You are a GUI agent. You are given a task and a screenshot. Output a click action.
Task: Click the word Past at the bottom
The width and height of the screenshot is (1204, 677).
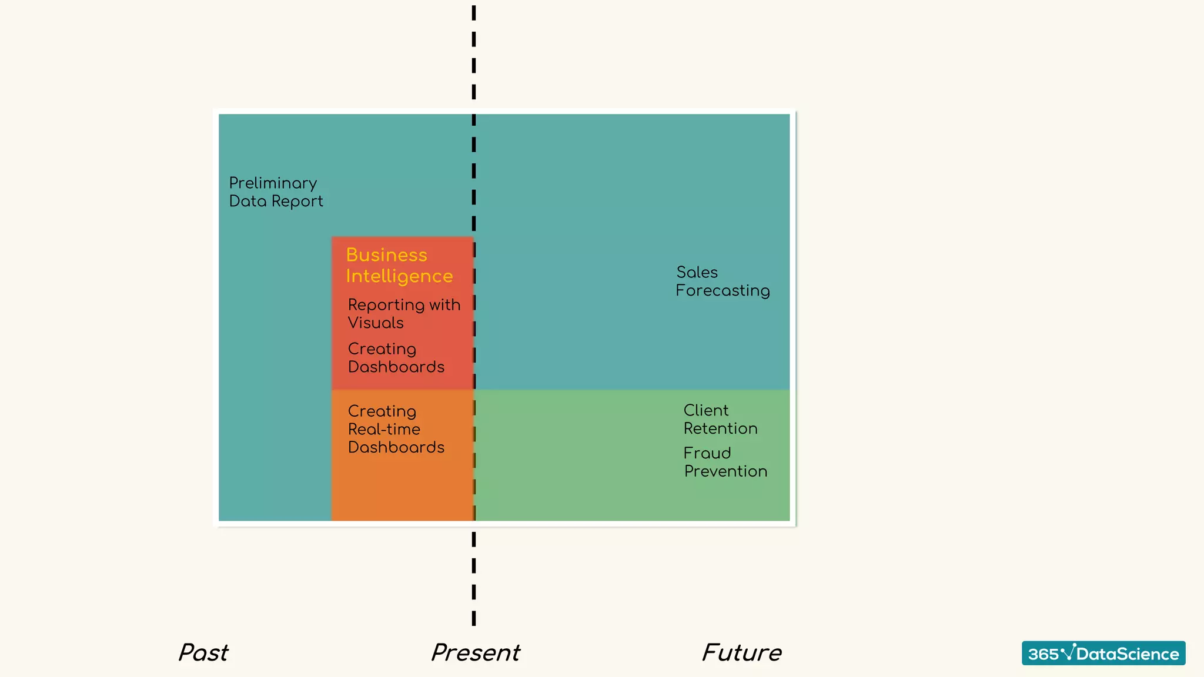pyautogui.click(x=203, y=653)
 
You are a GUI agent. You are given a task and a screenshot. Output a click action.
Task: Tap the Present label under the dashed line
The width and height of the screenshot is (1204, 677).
pyautogui.click(x=476, y=653)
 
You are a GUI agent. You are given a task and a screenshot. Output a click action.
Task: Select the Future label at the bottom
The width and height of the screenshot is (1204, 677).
pyautogui.click(x=742, y=653)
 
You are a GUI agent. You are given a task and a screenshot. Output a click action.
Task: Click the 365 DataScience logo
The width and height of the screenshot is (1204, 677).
pyautogui.click(x=1103, y=653)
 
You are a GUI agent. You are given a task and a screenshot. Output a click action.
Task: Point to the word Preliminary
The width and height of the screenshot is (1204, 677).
pyautogui.click(x=273, y=183)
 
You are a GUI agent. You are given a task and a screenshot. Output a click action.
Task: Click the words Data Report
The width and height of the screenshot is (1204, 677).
pyautogui.click(x=276, y=201)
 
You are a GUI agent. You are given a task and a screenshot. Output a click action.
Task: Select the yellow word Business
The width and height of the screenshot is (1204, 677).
pyautogui.click(x=386, y=254)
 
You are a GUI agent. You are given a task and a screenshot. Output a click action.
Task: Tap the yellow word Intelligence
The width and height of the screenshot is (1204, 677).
pyautogui.click(x=399, y=276)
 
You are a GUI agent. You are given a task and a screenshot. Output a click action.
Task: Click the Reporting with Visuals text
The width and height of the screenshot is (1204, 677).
pyautogui.click(x=403, y=313)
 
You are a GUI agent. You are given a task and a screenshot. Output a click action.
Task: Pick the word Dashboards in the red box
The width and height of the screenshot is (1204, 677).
pyautogui.click(x=396, y=367)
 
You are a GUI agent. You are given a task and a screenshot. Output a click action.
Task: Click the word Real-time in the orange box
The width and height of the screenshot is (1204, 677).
pyautogui.click(x=384, y=429)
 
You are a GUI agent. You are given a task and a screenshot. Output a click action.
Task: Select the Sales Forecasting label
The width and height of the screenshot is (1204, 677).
pyautogui.click(x=722, y=281)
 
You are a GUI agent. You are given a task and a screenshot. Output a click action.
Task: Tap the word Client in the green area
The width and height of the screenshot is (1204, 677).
pyautogui.click(x=705, y=410)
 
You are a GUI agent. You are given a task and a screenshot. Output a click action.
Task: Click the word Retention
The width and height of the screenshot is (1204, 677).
pyautogui.click(x=720, y=428)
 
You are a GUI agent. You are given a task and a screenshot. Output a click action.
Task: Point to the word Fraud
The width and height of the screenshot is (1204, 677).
pyautogui.click(x=707, y=453)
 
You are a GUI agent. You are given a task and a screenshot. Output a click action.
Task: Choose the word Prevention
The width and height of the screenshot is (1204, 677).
pyautogui.click(x=725, y=471)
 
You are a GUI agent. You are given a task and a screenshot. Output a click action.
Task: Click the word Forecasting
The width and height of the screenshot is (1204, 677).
pyautogui.click(x=722, y=290)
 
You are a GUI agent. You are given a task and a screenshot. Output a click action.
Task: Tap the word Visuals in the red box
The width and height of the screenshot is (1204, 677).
pyautogui.click(x=376, y=323)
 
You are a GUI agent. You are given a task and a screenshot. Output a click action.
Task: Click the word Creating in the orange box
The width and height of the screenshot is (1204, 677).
pyautogui.click(x=382, y=411)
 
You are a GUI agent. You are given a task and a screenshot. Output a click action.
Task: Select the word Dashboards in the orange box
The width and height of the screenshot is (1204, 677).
pyautogui.click(x=396, y=447)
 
